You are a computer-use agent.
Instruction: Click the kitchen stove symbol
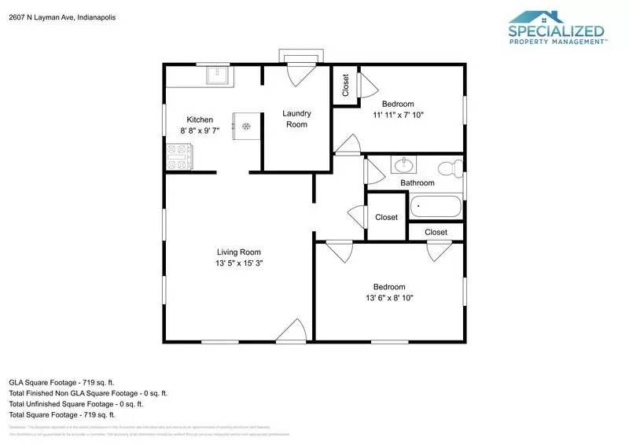179,158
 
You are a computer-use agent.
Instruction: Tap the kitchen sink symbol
217,75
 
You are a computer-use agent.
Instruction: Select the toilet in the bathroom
450,167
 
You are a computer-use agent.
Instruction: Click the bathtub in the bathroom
434,207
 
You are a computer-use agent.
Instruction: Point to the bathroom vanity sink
404,165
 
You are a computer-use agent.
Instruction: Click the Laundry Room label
296,119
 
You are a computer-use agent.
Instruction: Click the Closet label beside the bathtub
386,217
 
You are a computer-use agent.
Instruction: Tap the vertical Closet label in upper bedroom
346,85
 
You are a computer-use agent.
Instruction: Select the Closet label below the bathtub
436,232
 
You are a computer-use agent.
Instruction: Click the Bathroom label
417,183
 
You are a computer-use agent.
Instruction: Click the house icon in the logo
546,17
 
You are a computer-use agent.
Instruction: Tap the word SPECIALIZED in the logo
556,32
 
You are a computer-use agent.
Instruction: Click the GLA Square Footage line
63,381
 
